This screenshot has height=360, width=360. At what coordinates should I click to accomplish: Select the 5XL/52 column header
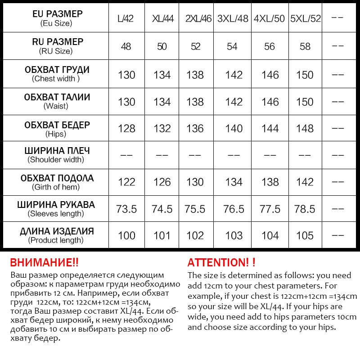coord(306,19)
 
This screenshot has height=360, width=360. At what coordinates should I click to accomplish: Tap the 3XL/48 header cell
coord(233,19)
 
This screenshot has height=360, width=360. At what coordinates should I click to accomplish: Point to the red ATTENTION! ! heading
coord(221,263)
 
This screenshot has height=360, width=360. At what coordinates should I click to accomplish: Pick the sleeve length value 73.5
coord(126,209)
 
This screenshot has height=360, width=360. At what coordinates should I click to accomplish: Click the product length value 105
coord(305,236)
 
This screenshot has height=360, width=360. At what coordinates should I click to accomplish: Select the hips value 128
coord(126,129)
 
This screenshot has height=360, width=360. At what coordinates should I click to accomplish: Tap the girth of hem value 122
coord(126,182)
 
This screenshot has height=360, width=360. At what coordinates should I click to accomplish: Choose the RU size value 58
coord(305,47)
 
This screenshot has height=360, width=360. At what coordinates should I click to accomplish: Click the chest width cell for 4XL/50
coord(270,75)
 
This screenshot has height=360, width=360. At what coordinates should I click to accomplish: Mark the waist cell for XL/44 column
coord(162,102)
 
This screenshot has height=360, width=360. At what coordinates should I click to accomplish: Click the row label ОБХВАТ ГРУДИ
coord(56,70)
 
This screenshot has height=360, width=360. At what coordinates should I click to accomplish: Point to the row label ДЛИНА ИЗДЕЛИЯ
coord(56,231)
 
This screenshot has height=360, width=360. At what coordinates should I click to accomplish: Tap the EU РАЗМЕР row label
coord(56,14)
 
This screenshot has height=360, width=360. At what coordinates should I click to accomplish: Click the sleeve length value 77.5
coord(270,209)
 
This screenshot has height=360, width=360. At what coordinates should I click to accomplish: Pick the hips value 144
coord(270,129)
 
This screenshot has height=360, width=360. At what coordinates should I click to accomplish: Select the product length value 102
coord(195,236)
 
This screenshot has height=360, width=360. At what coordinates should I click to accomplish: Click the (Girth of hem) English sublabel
coord(56,187)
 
